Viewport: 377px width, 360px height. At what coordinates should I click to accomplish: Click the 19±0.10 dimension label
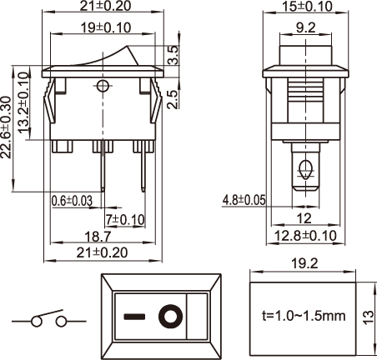106,27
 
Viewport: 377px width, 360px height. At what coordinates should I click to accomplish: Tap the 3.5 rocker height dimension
173,55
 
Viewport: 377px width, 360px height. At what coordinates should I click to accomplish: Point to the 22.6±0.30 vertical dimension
6,127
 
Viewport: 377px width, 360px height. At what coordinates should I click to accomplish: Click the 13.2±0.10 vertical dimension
24,102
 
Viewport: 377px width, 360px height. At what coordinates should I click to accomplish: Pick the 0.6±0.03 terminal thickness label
72,201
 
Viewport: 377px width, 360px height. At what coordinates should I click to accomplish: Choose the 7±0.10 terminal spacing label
125,220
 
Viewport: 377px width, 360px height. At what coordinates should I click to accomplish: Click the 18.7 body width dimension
98,237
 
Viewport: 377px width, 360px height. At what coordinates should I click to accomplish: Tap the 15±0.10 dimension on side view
307,7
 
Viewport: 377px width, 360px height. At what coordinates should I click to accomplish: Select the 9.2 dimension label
305,27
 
